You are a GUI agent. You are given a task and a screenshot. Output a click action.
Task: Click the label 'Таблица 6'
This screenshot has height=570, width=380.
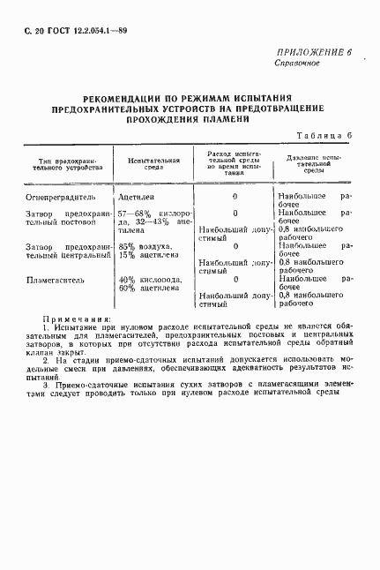pyautogui.click(x=326, y=135)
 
